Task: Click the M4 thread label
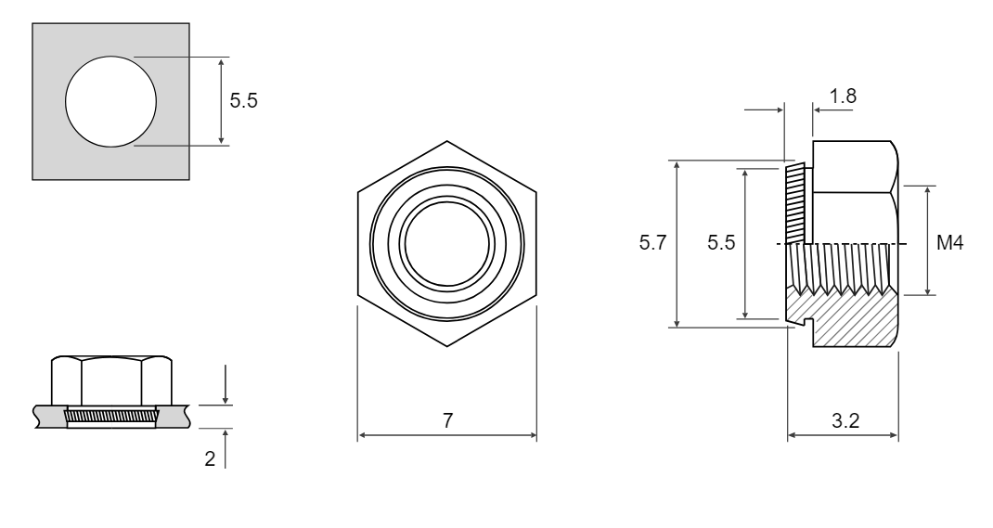pos(949,242)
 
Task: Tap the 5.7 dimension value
pos(652,242)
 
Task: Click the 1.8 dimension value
pos(843,96)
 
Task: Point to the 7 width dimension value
pos(447,420)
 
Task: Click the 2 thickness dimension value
pos(210,458)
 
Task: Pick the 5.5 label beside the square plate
pos(243,100)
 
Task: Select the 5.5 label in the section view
pos(721,242)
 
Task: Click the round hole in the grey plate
pos(110,101)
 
